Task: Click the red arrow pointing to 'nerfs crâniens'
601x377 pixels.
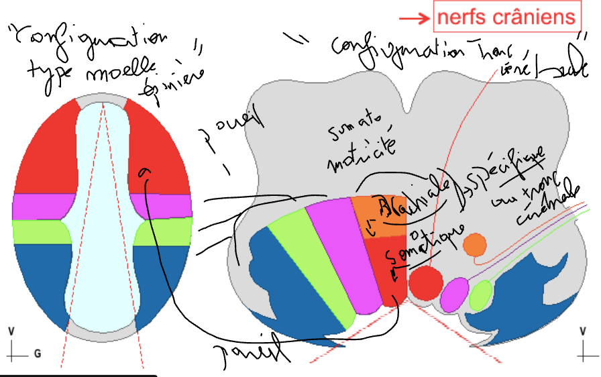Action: (419, 19)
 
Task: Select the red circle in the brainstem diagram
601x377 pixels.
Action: (424, 283)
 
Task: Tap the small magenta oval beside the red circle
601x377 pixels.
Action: (454, 293)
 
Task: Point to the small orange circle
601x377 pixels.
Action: (475, 244)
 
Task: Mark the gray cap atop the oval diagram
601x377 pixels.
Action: (101, 101)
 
